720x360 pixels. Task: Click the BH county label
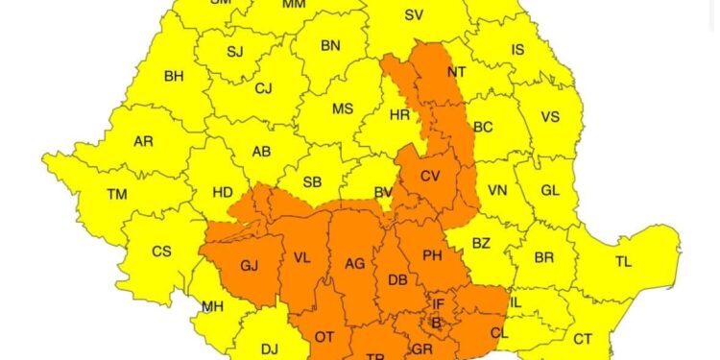pyautogui.click(x=174, y=76)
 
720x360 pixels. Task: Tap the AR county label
pyautogui.click(x=143, y=141)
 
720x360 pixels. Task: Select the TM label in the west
pyautogui.click(x=117, y=194)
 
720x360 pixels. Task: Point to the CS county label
pyautogui.click(x=162, y=252)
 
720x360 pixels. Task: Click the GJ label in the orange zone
pyautogui.click(x=251, y=265)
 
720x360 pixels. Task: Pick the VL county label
pyautogui.click(x=302, y=258)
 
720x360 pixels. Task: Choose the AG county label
pyautogui.click(x=355, y=262)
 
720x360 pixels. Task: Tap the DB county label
pyautogui.click(x=398, y=280)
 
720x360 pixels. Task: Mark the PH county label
pyautogui.click(x=432, y=255)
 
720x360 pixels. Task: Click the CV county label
pyautogui.click(x=431, y=176)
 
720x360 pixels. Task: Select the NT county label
pyautogui.click(x=457, y=72)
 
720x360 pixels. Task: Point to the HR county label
pyautogui.click(x=399, y=115)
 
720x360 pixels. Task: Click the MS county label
pyautogui.click(x=343, y=108)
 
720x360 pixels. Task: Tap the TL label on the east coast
pyautogui.click(x=623, y=261)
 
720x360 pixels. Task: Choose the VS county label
pyautogui.click(x=550, y=116)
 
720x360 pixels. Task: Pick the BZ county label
pyautogui.click(x=481, y=243)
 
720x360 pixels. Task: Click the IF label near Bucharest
pyautogui.click(x=438, y=304)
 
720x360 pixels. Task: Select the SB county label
pyautogui.click(x=312, y=181)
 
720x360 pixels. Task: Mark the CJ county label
pyautogui.click(x=263, y=88)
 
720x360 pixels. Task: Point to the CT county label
pyautogui.click(x=583, y=338)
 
